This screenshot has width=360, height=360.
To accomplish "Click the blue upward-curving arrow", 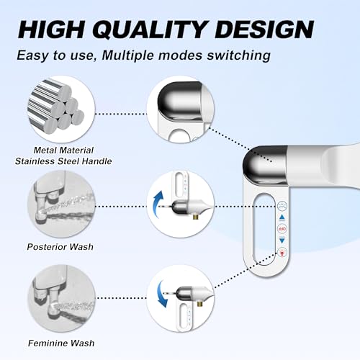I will click(x=159, y=201).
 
